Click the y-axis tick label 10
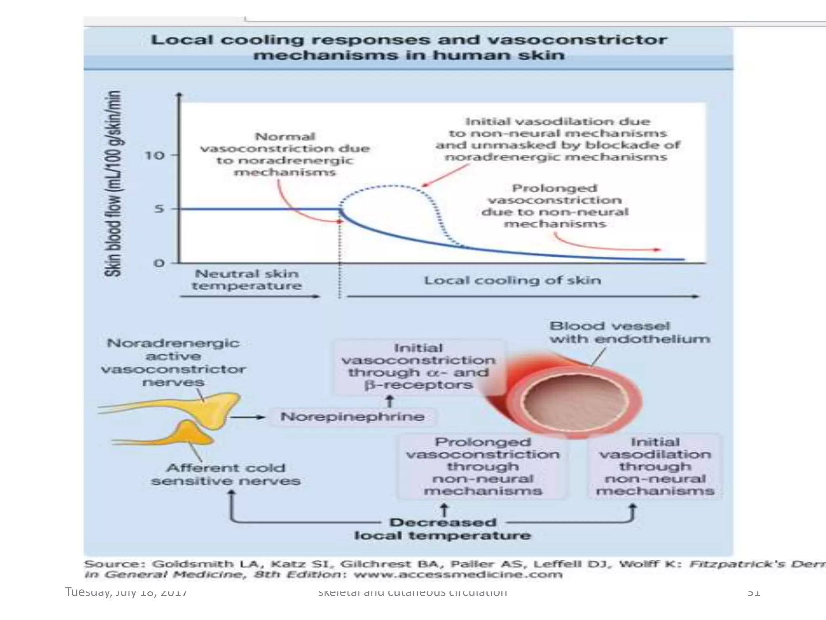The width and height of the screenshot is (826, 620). [154, 155]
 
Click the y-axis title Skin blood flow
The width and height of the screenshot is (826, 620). [113, 184]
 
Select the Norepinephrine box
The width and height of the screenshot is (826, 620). [353, 417]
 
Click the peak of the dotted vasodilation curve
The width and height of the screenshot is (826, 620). [391, 186]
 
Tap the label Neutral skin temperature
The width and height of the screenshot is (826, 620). [247, 280]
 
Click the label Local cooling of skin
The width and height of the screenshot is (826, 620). [512, 280]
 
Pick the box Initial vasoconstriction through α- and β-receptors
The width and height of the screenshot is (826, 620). [419, 367]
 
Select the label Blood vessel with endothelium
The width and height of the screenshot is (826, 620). [629, 332]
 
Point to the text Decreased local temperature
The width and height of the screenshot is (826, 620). [443, 529]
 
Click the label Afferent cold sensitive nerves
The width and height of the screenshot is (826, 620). [226, 474]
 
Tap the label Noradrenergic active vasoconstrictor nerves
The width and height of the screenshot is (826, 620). [173, 362]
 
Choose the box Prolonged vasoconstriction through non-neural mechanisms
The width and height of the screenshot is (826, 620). [483, 467]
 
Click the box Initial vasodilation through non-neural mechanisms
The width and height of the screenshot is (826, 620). [655, 467]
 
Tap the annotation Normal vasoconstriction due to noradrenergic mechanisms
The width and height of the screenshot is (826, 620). [285, 155]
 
